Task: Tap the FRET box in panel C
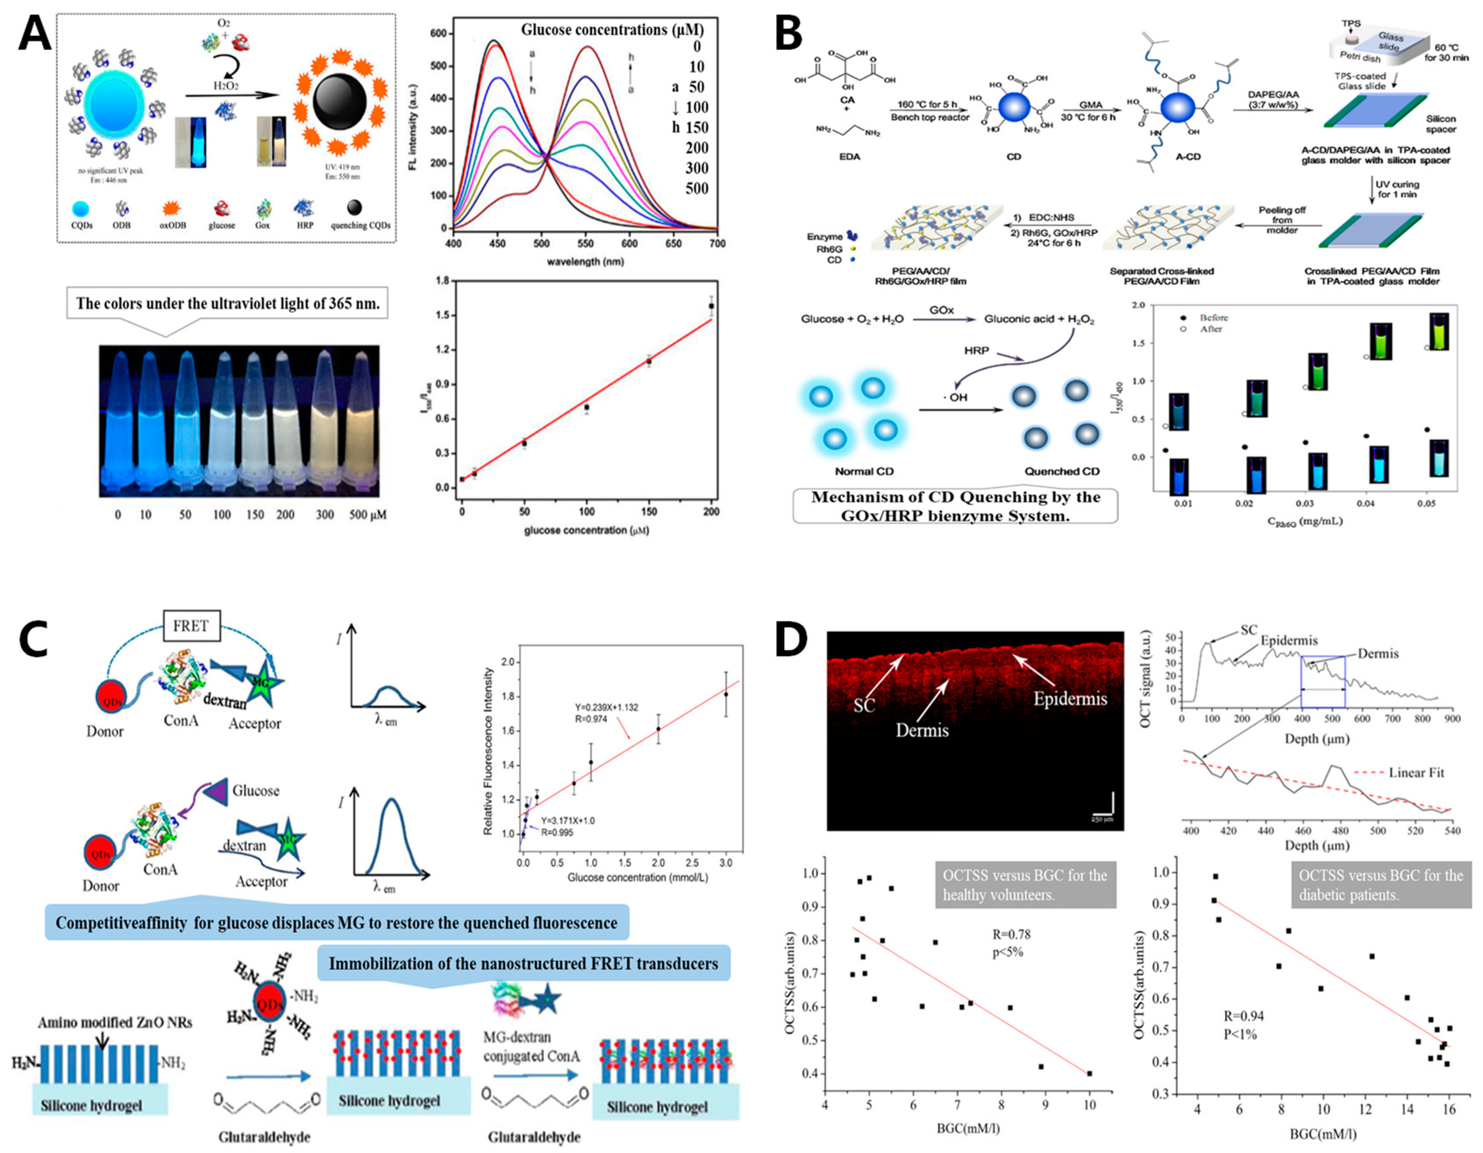190,626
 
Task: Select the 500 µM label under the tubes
367,515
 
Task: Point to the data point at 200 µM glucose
711,306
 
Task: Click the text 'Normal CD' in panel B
864,471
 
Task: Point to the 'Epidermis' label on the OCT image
1070,699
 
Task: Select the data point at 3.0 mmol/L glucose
726,694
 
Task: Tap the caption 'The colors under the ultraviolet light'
228,303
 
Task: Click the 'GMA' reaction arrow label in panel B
1091,105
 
